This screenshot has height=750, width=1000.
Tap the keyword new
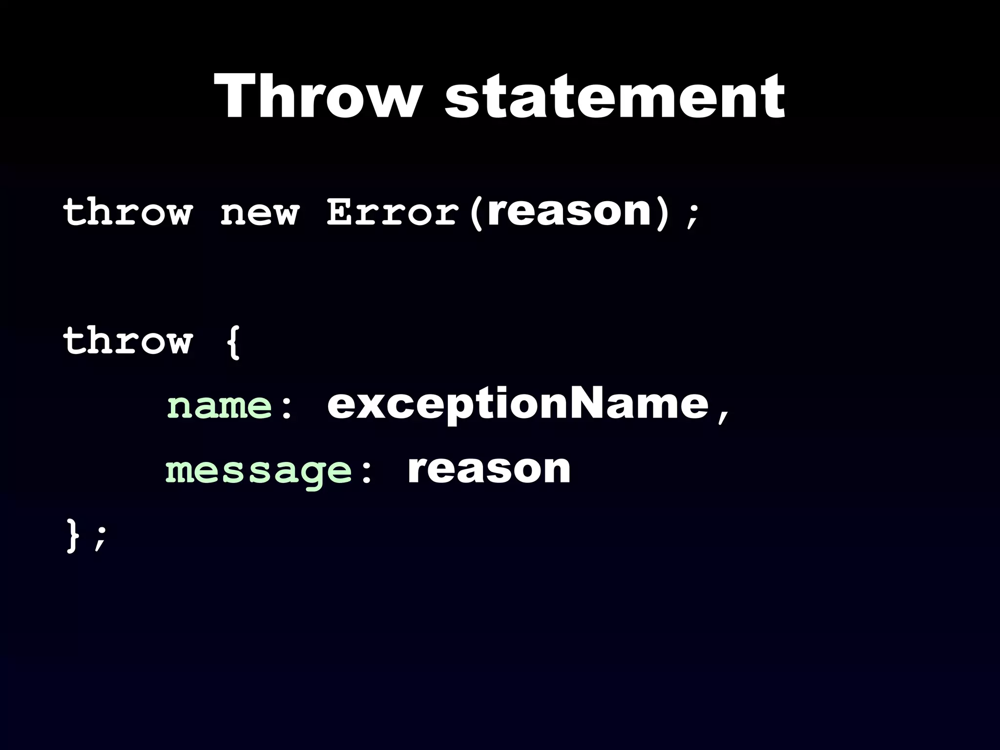point(259,213)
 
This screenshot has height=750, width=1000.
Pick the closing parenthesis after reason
point(662,213)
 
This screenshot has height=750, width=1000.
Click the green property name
point(219,406)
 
